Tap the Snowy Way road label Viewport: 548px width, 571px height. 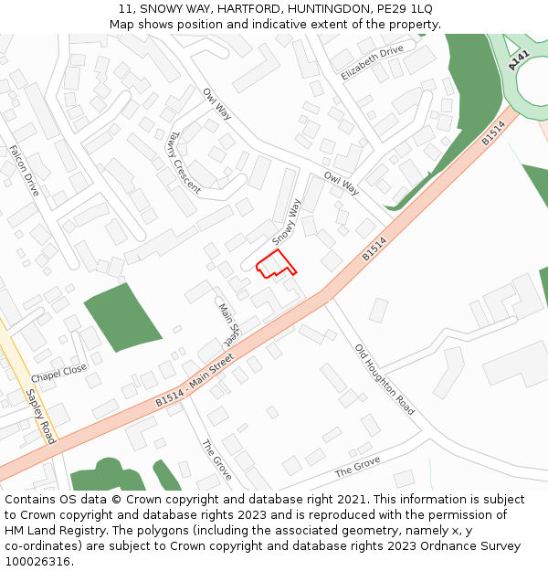[x=287, y=221]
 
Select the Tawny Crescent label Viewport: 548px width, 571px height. [x=184, y=162]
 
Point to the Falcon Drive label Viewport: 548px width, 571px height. [x=25, y=171]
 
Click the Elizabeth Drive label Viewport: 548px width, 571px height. [x=373, y=63]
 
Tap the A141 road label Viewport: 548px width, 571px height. [x=519, y=61]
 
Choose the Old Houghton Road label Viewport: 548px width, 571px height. [x=385, y=379]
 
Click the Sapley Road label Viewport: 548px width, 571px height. [x=40, y=417]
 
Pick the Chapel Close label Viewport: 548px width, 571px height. [x=58, y=374]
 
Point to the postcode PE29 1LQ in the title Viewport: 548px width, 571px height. [x=404, y=8]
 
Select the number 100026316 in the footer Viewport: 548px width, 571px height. [x=39, y=561]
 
